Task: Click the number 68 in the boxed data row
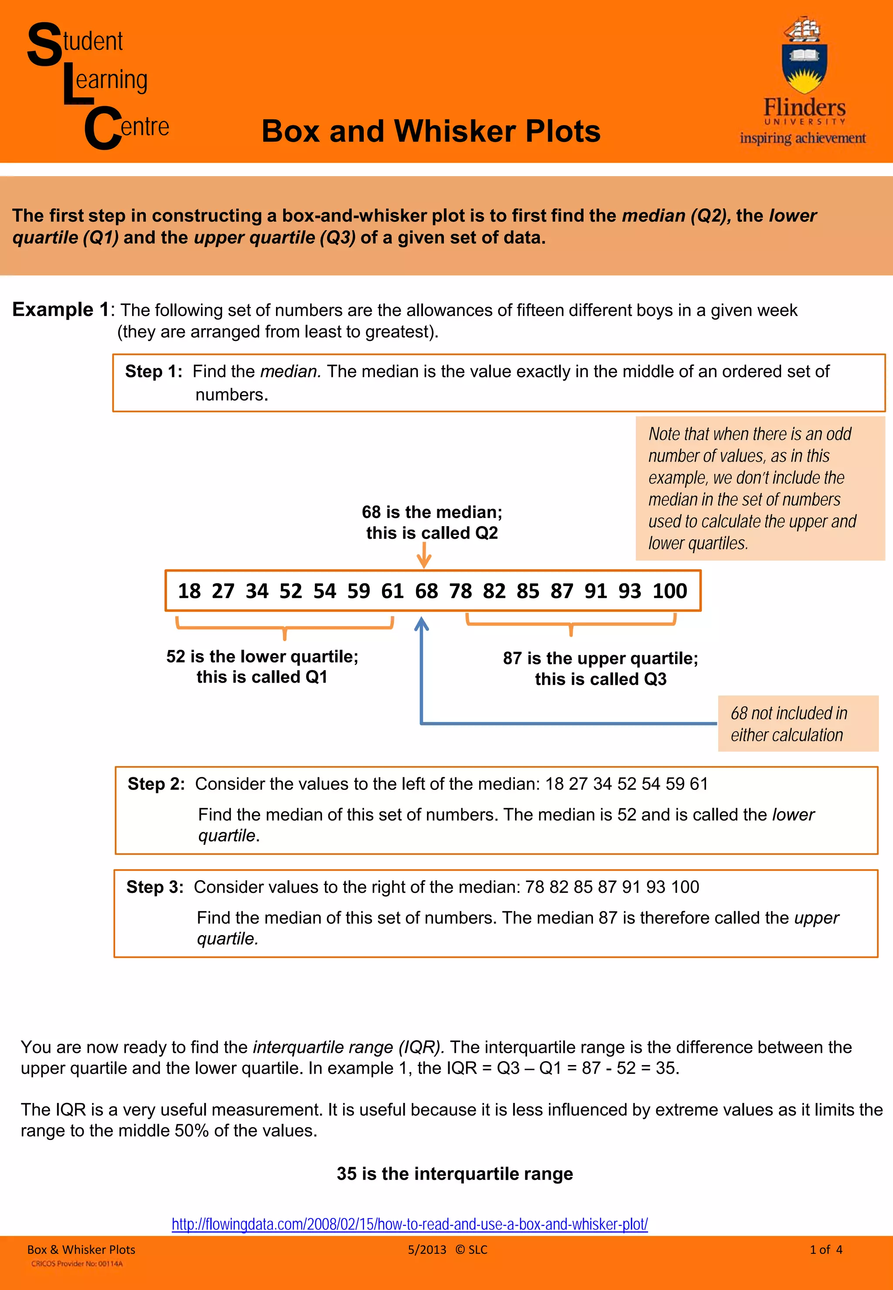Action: [x=426, y=591]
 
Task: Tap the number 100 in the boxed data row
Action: [x=669, y=591]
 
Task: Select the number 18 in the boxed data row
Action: [x=189, y=591]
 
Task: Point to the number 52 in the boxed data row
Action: [x=290, y=591]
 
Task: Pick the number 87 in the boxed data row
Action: [x=562, y=591]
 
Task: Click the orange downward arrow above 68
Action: [x=424, y=557]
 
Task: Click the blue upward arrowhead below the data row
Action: [x=421, y=624]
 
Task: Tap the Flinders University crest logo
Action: [x=804, y=56]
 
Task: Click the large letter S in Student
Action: [x=45, y=45]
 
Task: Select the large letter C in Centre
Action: [x=102, y=128]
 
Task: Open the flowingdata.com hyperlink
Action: [x=409, y=1224]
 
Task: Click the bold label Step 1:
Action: [x=153, y=371]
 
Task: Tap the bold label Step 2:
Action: [x=156, y=784]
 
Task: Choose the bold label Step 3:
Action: [x=155, y=887]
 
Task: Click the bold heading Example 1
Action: [x=61, y=310]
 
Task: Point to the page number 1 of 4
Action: [x=825, y=1250]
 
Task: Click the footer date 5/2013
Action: [x=427, y=1250]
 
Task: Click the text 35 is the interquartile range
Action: [x=454, y=1174]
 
